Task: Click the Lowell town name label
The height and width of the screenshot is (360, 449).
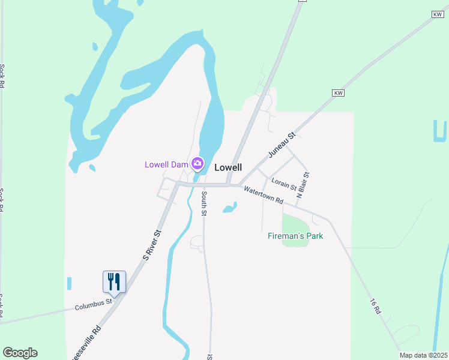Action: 228,168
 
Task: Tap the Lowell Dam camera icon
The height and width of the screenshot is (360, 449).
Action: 197,163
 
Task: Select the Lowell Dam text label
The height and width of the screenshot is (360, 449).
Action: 166,164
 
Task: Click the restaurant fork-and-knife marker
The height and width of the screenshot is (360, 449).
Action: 114,281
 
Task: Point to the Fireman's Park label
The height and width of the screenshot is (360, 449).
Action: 295,236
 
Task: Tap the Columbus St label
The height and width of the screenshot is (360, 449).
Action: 94,306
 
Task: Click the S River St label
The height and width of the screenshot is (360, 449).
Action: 152,245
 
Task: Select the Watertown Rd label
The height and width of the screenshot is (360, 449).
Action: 263,196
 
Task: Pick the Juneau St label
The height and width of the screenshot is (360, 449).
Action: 282,145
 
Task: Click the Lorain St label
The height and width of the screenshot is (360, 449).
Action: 284,184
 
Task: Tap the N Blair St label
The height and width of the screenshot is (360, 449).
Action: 304,185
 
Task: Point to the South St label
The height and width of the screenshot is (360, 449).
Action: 204,203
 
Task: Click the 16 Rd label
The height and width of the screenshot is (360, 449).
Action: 376,308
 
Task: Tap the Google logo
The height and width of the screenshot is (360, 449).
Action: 20,353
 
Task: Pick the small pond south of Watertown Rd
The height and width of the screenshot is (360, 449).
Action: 230,208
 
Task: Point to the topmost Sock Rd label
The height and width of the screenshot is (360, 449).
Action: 3,76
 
